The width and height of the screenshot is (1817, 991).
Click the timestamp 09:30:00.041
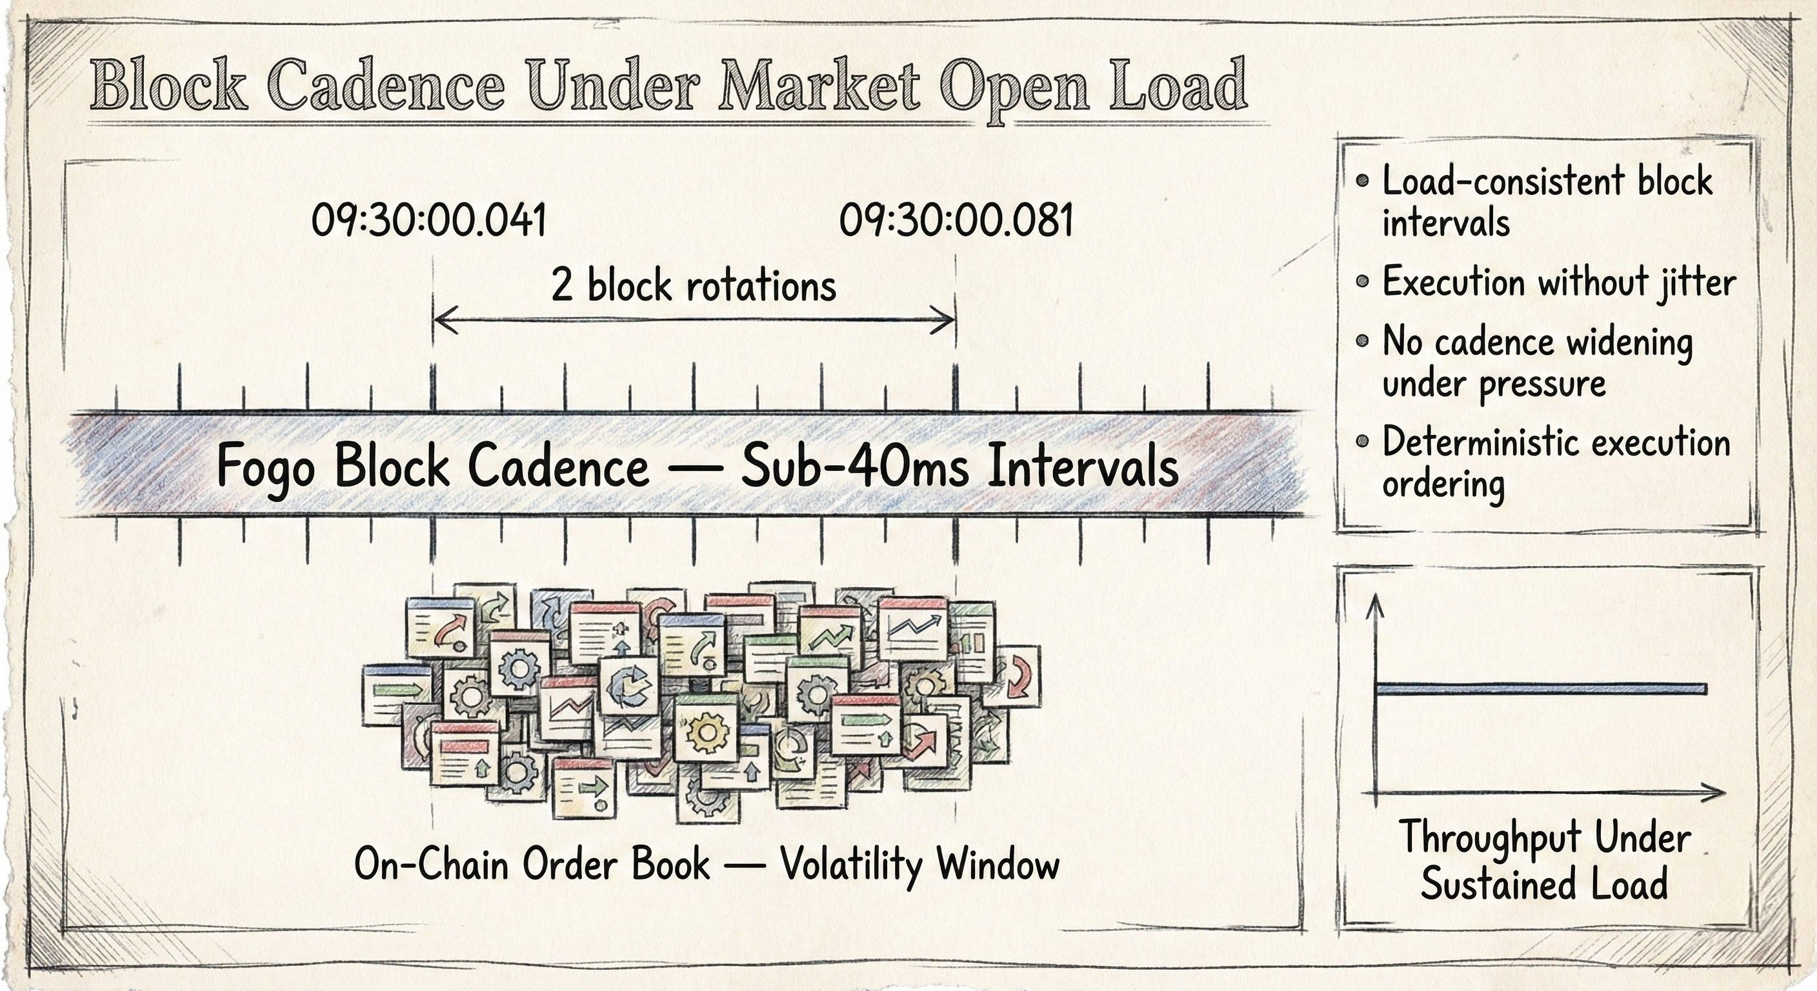[x=429, y=221]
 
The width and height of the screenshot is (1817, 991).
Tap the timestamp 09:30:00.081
[x=956, y=221]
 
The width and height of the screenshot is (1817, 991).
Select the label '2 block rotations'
[x=694, y=286]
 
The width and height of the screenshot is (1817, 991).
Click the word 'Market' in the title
[x=818, y=88]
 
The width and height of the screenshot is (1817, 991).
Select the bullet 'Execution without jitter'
[x=1558, y=282]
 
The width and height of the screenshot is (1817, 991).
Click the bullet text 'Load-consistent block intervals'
[x=1545, y=202]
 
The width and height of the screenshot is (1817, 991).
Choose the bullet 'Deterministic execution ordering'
[x=1555, y=463]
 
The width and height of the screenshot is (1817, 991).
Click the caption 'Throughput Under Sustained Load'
[x=1544, y=860]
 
